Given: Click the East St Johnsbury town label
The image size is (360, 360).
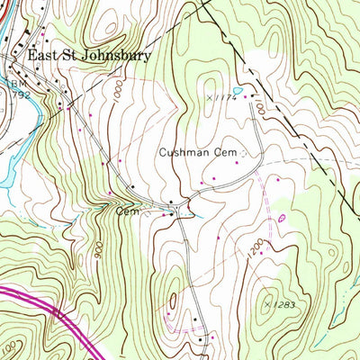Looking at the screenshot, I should pos(88,55).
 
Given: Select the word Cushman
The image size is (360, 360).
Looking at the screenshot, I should pos(185,152).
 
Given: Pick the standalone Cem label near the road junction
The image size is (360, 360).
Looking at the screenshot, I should pos(125,211).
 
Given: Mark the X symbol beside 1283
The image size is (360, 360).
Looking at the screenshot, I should pos(267,306).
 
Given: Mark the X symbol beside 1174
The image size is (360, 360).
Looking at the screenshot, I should pos(207,95).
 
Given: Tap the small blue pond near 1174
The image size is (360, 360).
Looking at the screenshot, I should pos(237,92).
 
